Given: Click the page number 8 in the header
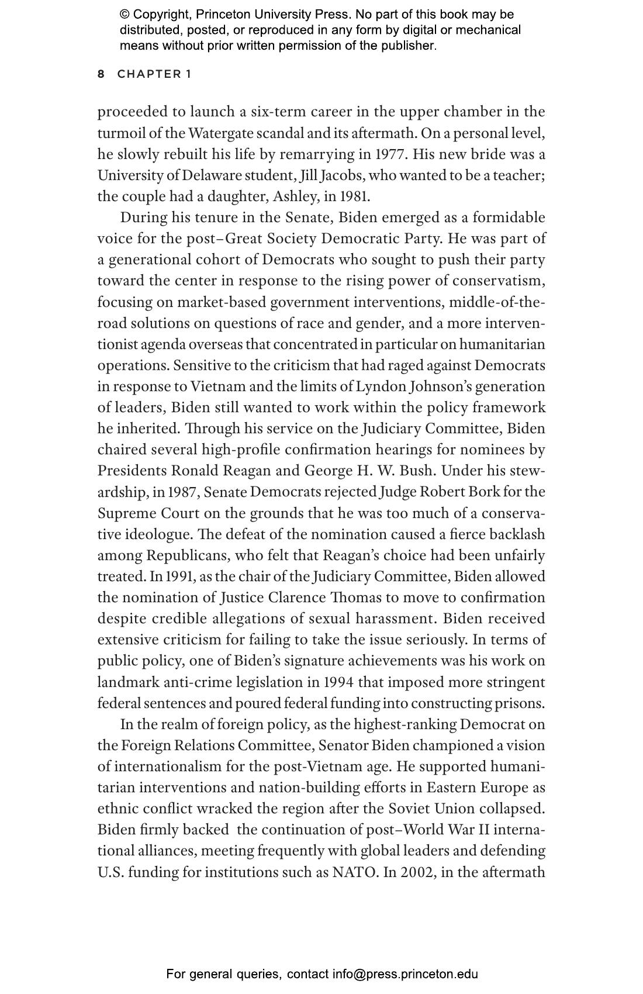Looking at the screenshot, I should coord(101,74).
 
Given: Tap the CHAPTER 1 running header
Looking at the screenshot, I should coord(154,74).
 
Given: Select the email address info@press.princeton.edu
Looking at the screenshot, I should coord(405,974).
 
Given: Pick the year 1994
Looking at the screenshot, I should coord(337,682).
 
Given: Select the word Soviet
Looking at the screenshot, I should coord(409,809).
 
